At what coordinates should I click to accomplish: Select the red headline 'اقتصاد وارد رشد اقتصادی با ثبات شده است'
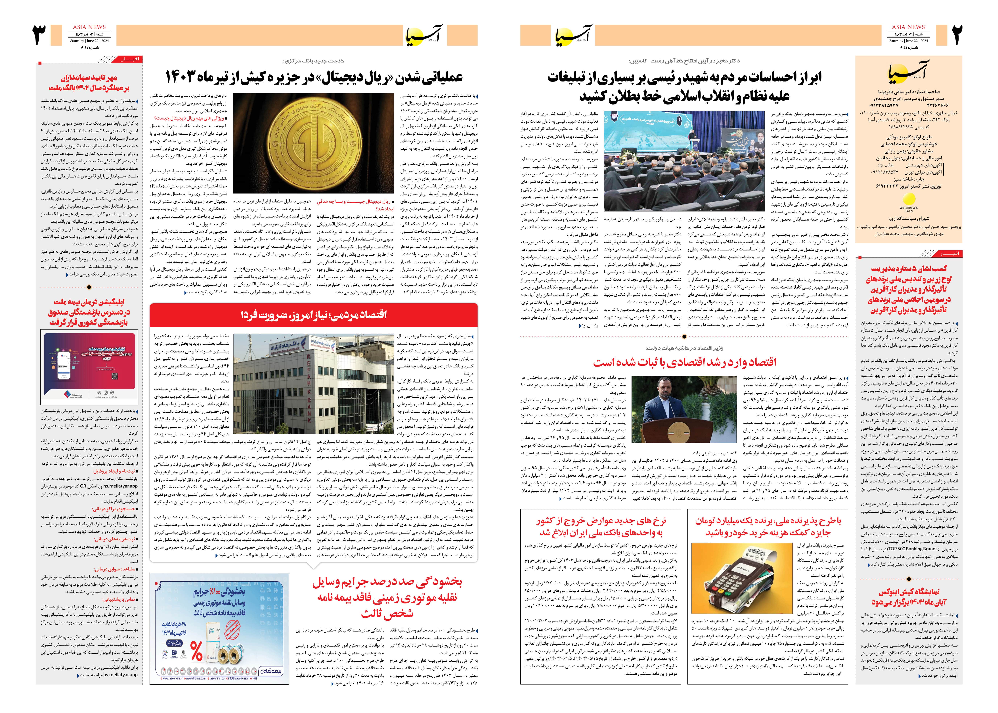[x=684, y=362]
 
